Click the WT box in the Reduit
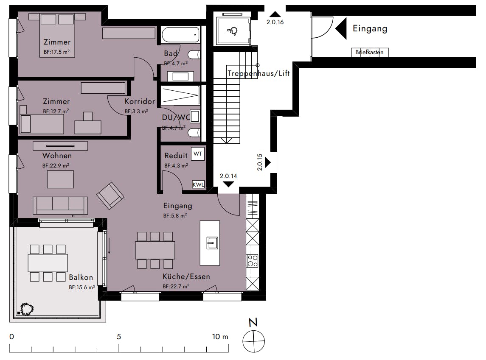pos(198,154)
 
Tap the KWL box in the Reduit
pos(198,184)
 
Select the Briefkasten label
pos(369,52)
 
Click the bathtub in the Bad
pos(180,35)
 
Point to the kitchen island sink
pos(212,243)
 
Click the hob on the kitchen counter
pos(252,261)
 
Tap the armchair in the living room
pos(110,195)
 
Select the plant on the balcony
pos(27,309)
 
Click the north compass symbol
pos(253,341)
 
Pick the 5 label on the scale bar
pos(119,337)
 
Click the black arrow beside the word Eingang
pos(341,28)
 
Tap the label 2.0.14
pos(228,176)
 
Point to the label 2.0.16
pos(275,22)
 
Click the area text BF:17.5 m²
pos(57,52)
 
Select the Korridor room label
pos(140,101)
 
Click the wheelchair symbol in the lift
pos(232,31)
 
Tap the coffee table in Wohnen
pos(60,179)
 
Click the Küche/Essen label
pos(186,276)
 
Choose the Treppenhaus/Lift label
pos(259,73)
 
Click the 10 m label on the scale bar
pos(220,337)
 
